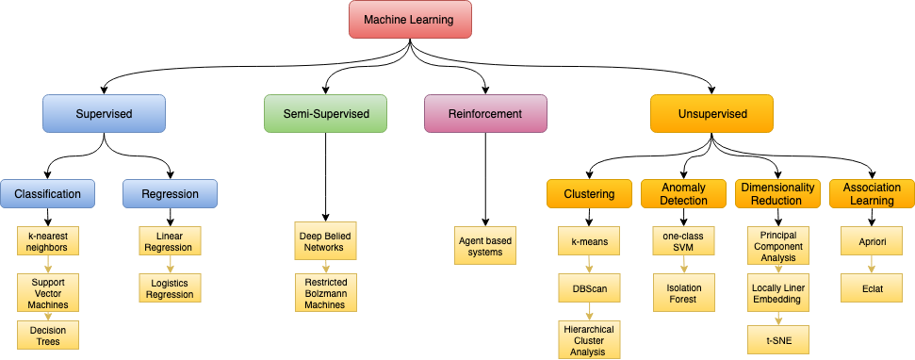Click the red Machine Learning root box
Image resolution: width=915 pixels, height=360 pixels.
[410, 20]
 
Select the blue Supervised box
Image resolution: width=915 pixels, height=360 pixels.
[104, 114]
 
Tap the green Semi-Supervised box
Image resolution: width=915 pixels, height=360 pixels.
[324, 113]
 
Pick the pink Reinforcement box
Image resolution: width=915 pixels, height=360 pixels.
[485, 113]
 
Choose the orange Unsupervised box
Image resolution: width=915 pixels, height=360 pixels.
[711, 114]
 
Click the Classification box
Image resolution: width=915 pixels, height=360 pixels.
[47, 194]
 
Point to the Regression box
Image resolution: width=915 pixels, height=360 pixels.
[170, 194]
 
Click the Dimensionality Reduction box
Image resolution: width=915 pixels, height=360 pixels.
[777, 194]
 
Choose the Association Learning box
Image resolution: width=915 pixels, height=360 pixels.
[872, 194]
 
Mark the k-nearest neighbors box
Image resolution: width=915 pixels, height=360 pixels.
[47, 241]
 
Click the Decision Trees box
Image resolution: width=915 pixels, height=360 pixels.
[47, 335]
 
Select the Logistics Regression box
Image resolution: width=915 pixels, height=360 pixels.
[170, 287]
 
